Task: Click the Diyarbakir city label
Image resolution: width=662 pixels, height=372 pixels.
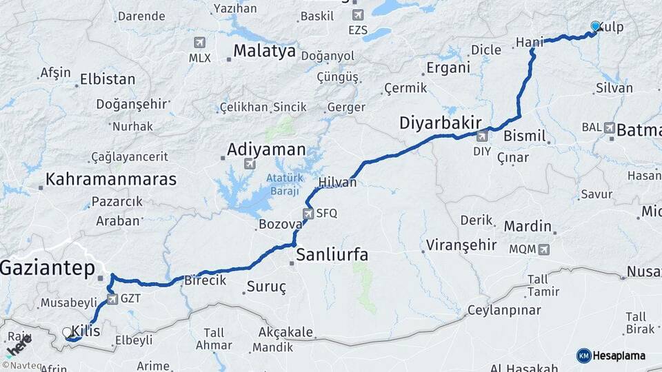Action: click(440, 123)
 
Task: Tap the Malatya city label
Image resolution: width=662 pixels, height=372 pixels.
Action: click(264, 51)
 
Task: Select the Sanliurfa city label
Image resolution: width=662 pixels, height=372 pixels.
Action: click(332, 255)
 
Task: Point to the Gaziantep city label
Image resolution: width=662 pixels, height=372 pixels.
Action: click(47, 269)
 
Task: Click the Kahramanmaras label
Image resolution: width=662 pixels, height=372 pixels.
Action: click(111, 180)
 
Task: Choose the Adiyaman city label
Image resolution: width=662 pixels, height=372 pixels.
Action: click(266, 149)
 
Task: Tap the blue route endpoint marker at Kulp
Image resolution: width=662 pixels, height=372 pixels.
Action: click(596, 26)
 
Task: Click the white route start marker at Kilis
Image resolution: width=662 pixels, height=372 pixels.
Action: click(68, 332)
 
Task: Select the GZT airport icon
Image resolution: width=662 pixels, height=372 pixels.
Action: click(112, 300)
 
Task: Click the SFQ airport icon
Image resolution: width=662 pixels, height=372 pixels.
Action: click(308, 213)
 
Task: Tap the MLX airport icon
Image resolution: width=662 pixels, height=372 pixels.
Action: click(200, 43)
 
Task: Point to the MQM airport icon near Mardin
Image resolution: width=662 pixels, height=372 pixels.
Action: click(544, 249)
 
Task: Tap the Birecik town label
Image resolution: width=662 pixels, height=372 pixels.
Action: click(205, 280)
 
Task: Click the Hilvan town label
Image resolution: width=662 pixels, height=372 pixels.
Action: click(338, 183)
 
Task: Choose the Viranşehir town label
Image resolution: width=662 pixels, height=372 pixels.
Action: click(461, 245)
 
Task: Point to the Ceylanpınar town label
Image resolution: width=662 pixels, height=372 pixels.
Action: click(504, 310)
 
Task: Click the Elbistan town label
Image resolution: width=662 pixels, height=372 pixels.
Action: click(108, 79)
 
